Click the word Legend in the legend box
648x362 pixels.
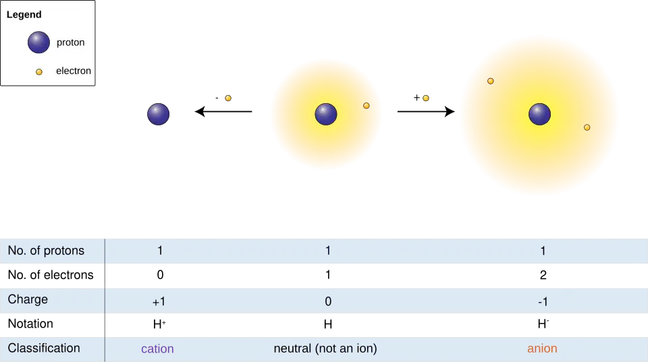click(x=24, y=14)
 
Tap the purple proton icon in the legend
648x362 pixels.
click(x=38, y=42)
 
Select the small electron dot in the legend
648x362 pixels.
click(x=39, y=71)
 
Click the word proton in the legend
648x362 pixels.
click(x=71, y=42)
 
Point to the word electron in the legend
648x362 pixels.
click(x=74, y=71)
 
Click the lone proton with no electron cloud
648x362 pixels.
click(x=159, y=114)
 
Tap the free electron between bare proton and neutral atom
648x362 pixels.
click(x=228, y=98)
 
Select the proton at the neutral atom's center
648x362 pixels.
click(x=326, y=114)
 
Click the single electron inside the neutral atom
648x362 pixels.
click(x=367, y=106)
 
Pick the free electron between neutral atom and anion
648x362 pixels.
click(x=426, y=98)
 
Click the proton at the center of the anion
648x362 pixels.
click(x=539, y=114)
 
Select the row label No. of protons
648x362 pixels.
click(x=46, y=251)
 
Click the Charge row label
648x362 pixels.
click(x=28, y=299)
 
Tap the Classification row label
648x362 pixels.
click(x=44, y=349)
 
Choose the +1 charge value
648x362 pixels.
click(x=159, y=302)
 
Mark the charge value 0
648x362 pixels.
click(x=328, y=302)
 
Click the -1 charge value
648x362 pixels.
click(x=543, y=302)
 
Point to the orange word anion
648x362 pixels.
click(x=542, y=349)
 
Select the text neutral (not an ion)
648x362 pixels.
click(x=325, y=349)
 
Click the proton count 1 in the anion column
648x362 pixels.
click(x=543, y=251)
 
